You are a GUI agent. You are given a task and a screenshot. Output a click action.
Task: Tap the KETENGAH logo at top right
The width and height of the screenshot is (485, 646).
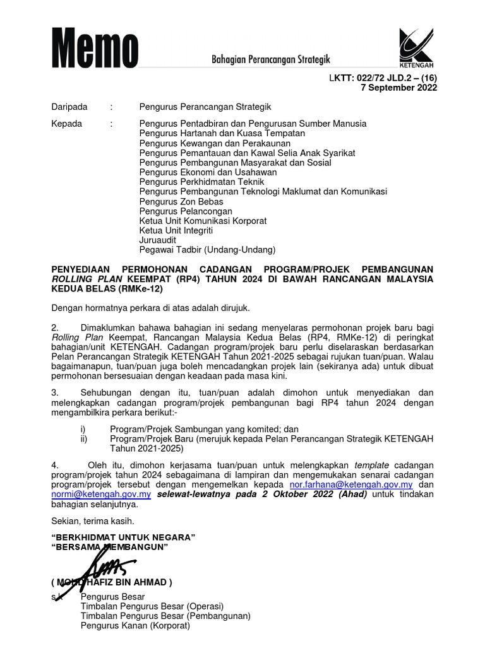tap(416, 47)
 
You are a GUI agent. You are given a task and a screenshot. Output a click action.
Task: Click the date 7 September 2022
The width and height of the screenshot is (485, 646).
tap(398, 88)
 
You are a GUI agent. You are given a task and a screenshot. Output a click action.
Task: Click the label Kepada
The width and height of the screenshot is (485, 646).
tap(66, 124)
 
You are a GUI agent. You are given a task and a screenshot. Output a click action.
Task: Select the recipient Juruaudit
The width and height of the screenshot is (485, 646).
tap(158, 240)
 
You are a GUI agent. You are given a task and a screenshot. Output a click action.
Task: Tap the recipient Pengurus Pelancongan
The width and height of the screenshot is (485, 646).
tap(186, 211)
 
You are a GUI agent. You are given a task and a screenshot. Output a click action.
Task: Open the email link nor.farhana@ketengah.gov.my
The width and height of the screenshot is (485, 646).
tap(351, 484)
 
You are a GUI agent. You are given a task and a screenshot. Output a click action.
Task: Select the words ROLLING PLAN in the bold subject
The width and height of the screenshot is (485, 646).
tap(87, 279)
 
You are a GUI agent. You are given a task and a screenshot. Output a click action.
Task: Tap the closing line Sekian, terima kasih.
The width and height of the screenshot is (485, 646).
tap(93, 521)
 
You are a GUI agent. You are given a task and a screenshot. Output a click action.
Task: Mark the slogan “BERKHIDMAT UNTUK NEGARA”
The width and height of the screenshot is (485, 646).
tap(123, 537)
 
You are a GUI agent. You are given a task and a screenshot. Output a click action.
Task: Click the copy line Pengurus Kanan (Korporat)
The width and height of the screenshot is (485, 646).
tap(135, 626)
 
